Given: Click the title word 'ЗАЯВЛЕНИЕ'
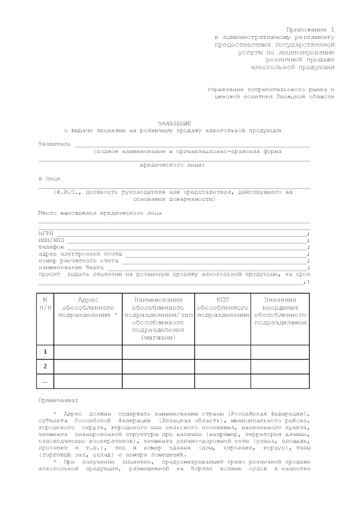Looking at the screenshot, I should pos(174,123).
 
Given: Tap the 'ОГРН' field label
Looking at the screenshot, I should pos(46,233).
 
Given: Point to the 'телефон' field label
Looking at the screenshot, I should pos(51,247).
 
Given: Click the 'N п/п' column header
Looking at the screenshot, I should pos(45,304).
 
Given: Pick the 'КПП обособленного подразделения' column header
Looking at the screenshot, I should pos(222,308).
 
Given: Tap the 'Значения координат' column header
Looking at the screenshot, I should pos(280,304).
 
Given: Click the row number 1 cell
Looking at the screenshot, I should pos(45,352).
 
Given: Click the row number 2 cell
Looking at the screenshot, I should pos(45,367).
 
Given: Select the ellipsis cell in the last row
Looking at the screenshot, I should pos(45,381).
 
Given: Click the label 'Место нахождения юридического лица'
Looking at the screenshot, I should pos(100,213).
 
